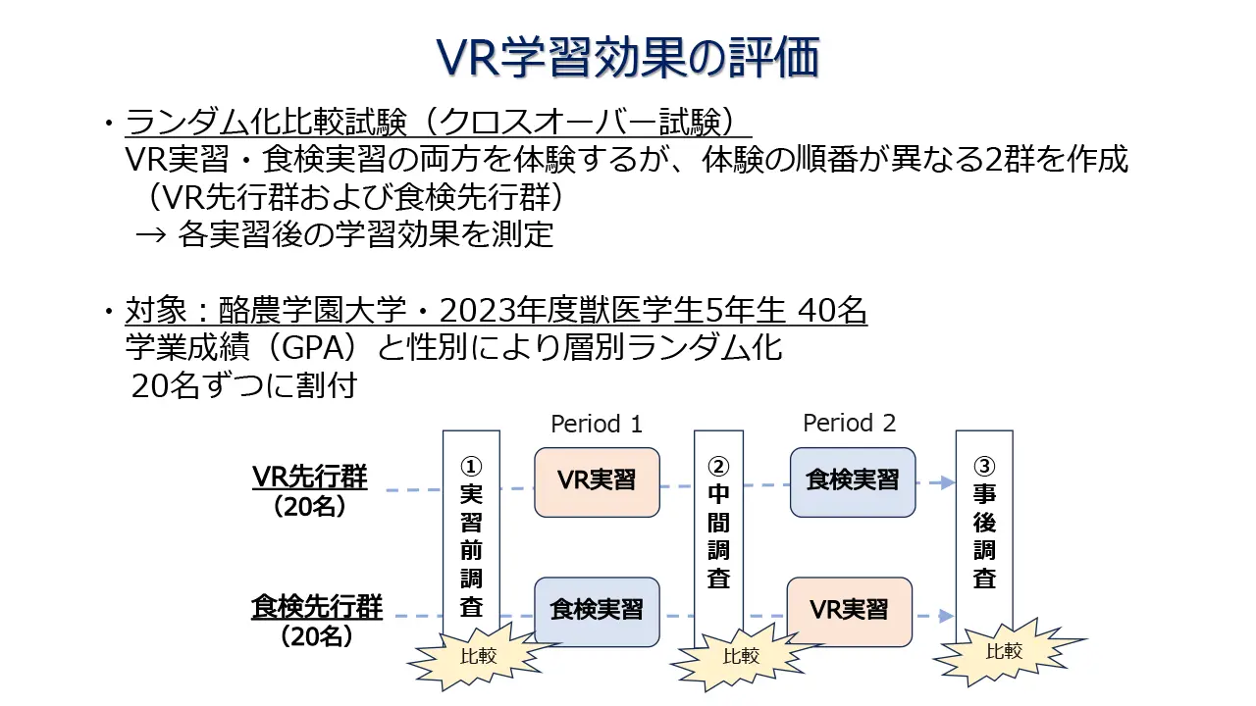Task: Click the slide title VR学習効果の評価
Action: pyautogui.click(x=627, y=57)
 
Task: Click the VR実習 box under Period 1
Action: pyautogui.click(x=597, y=481)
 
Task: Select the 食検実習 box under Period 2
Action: pyautogui.click(x=852, y=481)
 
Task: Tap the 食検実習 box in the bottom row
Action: pyautogui.click(x=597, y=611)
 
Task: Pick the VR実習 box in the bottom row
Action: pyautogui.click(x=849, y=611)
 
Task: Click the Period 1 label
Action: pyautogui.click(x=597, y=424)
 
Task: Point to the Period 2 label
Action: pyautogui.click(x=849, y=423)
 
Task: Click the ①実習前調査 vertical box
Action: pyautogui.click(x=471, y=534)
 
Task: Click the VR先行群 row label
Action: pyautogui.click(x=310, y=478)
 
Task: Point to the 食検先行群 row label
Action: pyautogui.click(x=317, y=607)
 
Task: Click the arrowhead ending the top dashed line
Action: pyautogui.click(x=947, y=482)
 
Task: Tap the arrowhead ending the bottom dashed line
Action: pyautogui.click(x=946, y=616)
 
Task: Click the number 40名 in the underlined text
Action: pyautogui.click(x=832, y=312)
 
